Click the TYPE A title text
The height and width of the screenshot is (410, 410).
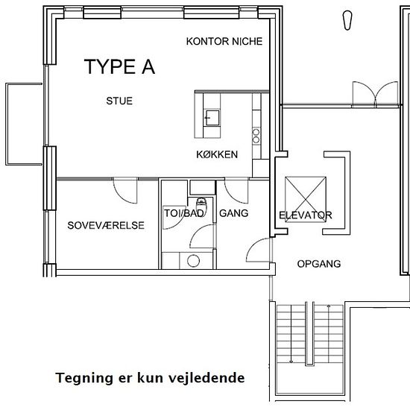click(x=119, y=66)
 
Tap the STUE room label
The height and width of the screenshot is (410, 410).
click(x=119, y=101)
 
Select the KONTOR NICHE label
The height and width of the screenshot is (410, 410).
click(x=224, y=41)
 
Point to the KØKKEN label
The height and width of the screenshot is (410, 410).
click(x=217, y=154)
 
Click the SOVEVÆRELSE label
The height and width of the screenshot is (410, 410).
click(x=106, y=225)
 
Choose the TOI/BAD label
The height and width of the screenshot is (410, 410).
click(x=184, y=213)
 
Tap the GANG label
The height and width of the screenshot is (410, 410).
click(x=234, y=213)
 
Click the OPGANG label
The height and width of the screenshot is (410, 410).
click(x=319, y=264)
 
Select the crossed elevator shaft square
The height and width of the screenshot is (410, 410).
click(x=306, y=199)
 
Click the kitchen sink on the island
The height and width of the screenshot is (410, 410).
click(x=212, y=118)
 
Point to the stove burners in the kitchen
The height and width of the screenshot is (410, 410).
click(x=256, y=136)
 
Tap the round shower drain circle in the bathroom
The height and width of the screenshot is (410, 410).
click(x=194, y=261)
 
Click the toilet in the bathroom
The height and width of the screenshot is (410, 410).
click(x=201, y=205)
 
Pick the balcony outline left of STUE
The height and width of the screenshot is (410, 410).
click(x=6, y=124)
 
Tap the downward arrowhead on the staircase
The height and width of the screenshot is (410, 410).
click(x=291, y=362)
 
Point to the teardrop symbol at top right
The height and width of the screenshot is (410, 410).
click(x=347, y=20)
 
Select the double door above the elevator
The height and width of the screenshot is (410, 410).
click(x=376, y=94)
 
